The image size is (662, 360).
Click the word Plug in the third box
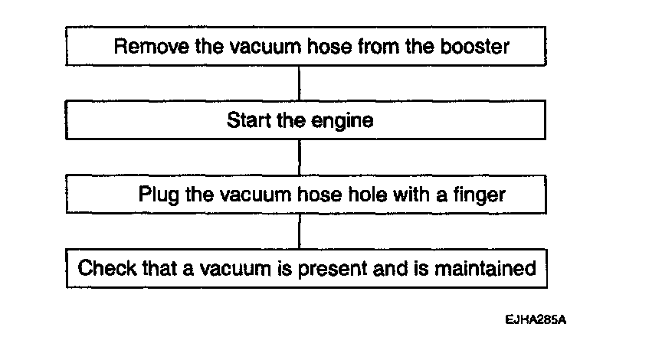158,195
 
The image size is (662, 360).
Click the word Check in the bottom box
107,269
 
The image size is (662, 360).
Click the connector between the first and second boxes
299,83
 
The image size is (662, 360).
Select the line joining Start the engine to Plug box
299,157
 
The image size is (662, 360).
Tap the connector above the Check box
299,231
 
